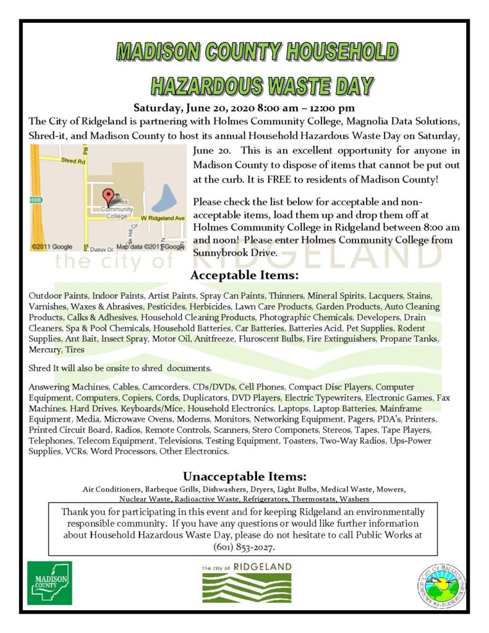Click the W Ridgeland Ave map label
[x=163, y=219]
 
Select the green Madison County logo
[x=49, y=583]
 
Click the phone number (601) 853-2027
[x=244, y=546]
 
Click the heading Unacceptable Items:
[x=244, y=477]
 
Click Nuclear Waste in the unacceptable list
[x=143, y=498]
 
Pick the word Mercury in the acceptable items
[x=45, y=349]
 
